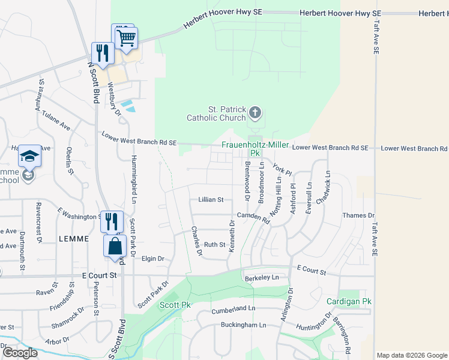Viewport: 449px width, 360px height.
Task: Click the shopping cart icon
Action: point(126,38)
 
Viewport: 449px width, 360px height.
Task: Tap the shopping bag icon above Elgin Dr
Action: point(114,245)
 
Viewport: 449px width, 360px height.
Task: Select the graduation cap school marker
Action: point(29,157)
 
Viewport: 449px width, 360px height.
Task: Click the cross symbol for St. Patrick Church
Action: point(255,112)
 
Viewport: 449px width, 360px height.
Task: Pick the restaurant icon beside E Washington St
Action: point(112,221)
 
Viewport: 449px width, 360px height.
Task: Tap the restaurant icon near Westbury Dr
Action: point(102,53)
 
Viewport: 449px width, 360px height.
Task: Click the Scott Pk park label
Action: point(175,305)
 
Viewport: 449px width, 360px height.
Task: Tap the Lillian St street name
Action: point(211,199)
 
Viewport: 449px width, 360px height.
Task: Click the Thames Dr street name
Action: point(358,215)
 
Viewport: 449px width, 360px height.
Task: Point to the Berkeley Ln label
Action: point(262,278)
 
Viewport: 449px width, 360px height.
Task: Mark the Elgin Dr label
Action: point(152,259)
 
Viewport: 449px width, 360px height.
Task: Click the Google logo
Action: point(20,353)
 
